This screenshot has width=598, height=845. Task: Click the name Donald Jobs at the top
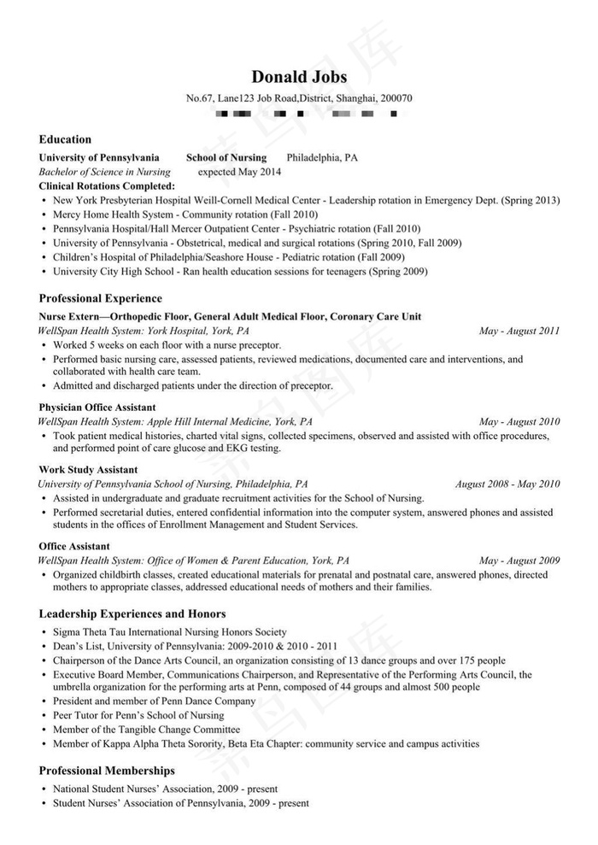[299, 78]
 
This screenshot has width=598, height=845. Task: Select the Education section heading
[65, 139]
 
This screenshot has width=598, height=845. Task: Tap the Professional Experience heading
[100, 298]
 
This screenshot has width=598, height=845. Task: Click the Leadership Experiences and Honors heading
[132, 613]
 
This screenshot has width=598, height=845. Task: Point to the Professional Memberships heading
[107, 771]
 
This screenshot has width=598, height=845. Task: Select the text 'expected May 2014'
[239, 172]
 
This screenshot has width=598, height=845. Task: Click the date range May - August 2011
[519, 331]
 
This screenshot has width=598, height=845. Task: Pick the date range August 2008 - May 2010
[507, 484]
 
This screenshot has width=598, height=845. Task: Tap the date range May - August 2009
[519, 560]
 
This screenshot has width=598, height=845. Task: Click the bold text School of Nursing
[226, 158]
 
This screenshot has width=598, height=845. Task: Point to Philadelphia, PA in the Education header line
[322, 158]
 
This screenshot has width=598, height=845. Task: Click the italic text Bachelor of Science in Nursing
[104, 172]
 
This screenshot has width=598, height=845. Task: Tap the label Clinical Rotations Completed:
[107, 185]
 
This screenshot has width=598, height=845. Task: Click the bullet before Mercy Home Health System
[44, 214]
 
